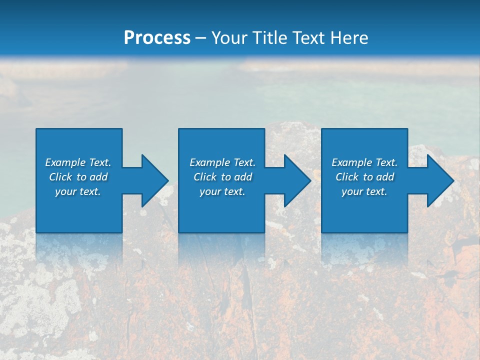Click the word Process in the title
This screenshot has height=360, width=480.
click(x=157, y=38)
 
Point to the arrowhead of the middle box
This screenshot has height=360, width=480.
click(x=297, y=180)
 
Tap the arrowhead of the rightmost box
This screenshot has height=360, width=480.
click(x=440, y=180)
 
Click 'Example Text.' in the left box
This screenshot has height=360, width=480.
click(x=78, y=162)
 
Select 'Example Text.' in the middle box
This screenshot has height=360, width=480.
click(x=222, y=162)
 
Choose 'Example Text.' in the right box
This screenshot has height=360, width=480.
click(x=364, y=162)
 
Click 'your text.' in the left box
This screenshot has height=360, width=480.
click(x=78, y=191)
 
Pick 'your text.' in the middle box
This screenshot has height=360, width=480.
click(x=222, y=191)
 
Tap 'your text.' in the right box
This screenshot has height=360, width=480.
click(x=364, y=191)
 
